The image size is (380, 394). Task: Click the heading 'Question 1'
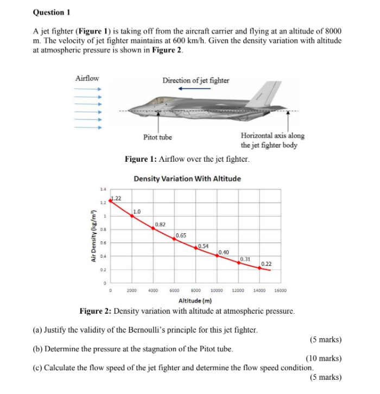click(x=52, y=11)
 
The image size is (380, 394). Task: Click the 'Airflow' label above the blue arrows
click(x=87, y=79)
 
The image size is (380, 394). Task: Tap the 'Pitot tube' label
click(x=157, y=137)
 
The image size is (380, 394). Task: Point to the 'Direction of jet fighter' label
click(x=195, y=80)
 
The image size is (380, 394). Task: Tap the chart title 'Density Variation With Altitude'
click(x=187, y=179)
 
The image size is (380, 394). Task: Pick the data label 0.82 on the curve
click(x=160, y=224)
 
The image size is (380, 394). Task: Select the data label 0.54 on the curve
click(x=204, y=246)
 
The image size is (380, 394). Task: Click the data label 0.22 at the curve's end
click(x=267, y=264)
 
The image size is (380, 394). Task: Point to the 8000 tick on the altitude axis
click(x=196, y=290)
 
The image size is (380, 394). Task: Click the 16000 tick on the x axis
click(x=281, y=290)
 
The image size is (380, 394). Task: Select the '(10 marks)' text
click(x=324, y=358)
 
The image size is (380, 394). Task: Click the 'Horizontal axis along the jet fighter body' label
click(x=272, y=141)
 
